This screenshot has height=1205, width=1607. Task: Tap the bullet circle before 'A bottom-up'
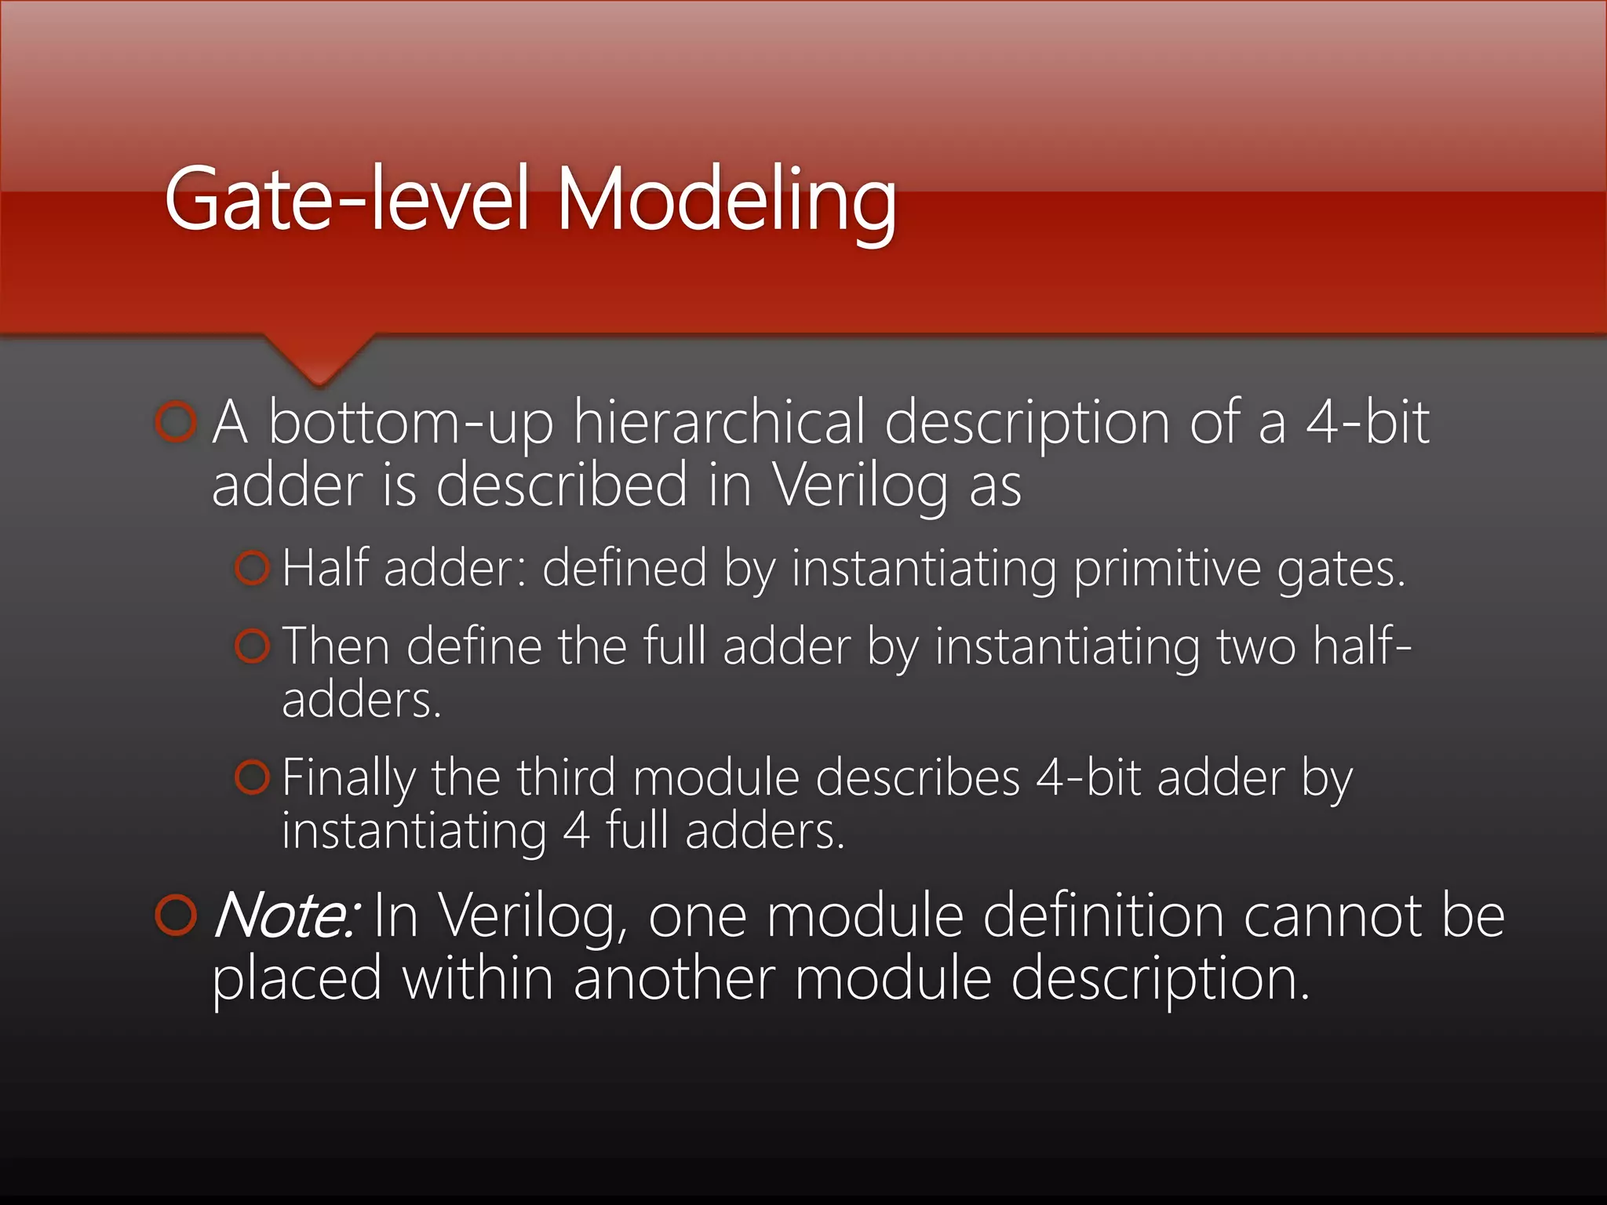click(175, 423)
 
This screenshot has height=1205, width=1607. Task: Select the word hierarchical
click(720, 423)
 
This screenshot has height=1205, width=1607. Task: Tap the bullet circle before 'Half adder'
click(252, 567)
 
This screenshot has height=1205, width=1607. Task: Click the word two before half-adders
click(1255, 647)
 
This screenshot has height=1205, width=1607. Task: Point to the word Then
click(336, 646)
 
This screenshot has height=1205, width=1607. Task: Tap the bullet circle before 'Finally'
click(252, 777)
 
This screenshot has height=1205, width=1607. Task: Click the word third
click(565, 777)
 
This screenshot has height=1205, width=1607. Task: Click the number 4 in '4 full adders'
click(576, 831)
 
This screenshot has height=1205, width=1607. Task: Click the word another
click(674, 979)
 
